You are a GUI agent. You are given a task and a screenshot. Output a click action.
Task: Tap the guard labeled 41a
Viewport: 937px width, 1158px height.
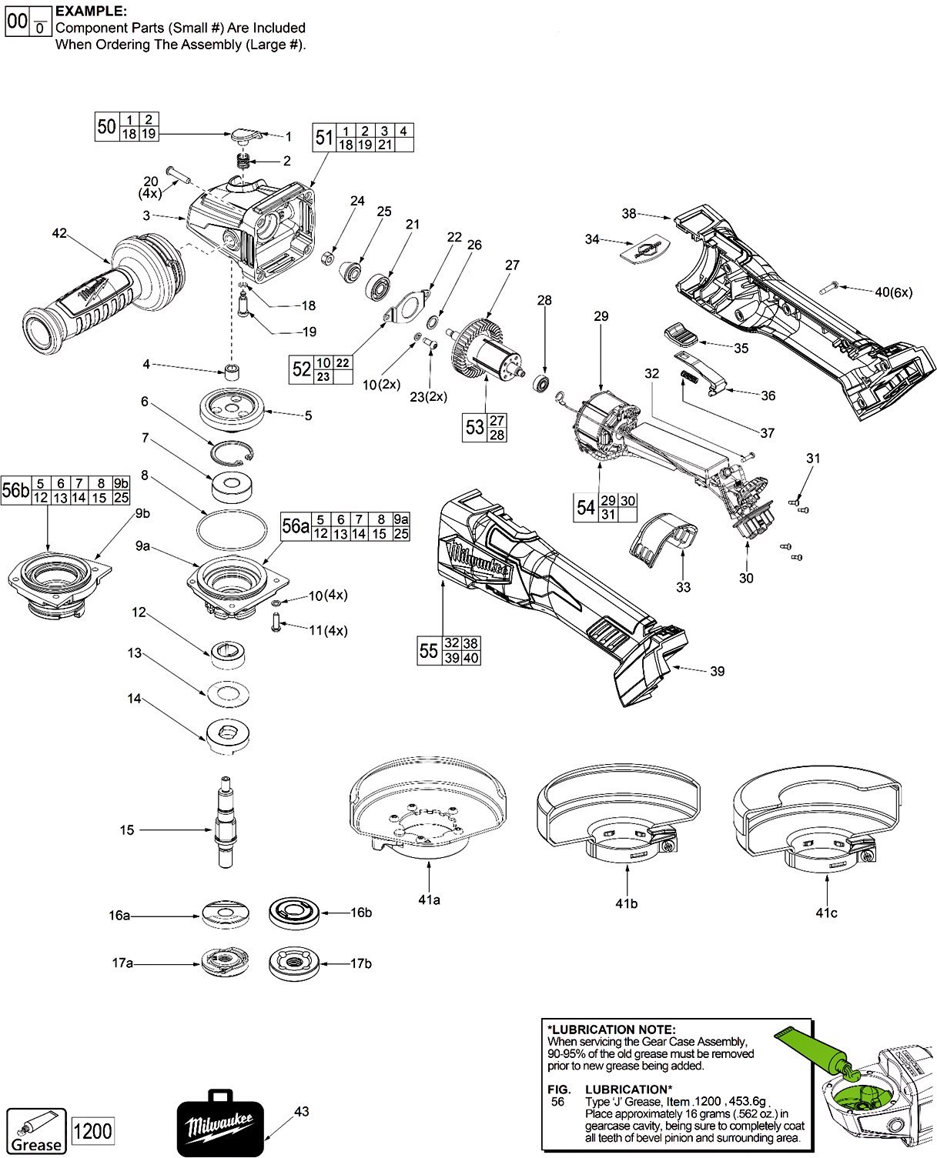[430, 808]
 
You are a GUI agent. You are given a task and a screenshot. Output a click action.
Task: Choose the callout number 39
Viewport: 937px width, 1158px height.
[717, 671]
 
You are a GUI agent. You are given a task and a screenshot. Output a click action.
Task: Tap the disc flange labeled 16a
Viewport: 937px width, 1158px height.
[226, 915]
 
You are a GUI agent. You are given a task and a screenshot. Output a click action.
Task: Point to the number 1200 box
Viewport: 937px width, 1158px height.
[92, 1131]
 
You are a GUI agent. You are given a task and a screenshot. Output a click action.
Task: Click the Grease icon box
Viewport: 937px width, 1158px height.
[35, 1132]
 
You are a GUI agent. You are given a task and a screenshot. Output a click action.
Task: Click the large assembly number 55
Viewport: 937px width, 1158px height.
[429, 651]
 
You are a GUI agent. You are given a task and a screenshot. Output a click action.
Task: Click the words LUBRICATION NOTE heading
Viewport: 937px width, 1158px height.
[611, 1030]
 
